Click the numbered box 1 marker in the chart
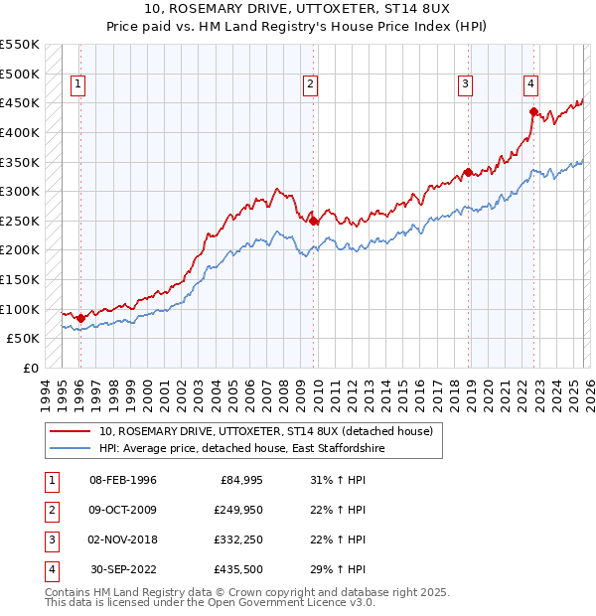pos(78,85)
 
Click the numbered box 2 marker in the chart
pos(311,85)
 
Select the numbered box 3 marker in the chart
pos(465,85)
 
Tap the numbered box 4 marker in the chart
pos(531,85)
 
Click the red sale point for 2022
pos(533,111)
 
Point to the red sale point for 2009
pos(314,221)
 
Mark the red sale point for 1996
pos(80,318)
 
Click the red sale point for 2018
pos(468,172)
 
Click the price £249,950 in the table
pos(236,510)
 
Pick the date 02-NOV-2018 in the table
pos(123,539)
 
